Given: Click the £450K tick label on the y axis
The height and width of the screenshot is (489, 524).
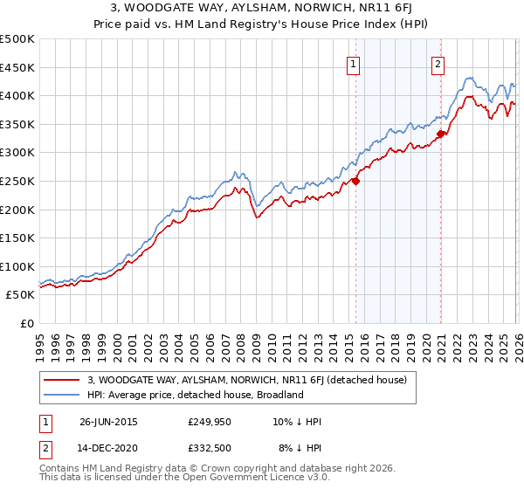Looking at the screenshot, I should tap(17, 67).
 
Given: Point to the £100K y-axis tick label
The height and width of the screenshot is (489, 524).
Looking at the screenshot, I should tap(17, 266).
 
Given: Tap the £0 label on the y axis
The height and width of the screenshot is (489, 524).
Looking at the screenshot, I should tap(27, 323).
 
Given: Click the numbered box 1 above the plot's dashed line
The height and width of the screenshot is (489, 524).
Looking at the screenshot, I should tap(354, 63).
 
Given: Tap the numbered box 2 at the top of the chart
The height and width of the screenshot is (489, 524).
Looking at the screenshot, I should tap(438, 63).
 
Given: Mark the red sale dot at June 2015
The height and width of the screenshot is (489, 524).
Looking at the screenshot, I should tap(355, 182).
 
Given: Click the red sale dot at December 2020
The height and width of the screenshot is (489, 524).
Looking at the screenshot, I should tap(441, 134).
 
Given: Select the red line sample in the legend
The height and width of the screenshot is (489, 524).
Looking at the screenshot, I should tap(63, 380).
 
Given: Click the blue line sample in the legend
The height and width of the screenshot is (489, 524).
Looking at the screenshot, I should tap(63, 395).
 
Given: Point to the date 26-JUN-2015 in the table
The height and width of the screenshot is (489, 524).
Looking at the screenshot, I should tap(108, 421).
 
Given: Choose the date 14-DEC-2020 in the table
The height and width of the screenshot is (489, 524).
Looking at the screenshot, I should tap(108, 449).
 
